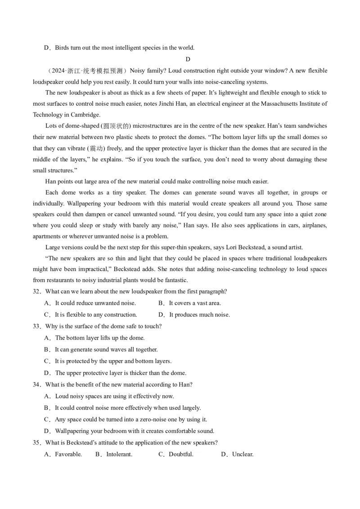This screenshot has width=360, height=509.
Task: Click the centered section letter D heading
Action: point(188,59)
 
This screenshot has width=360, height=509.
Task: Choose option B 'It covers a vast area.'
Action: point(195,303)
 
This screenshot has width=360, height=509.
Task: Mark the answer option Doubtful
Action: point(181,454)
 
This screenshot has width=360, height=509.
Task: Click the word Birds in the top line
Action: point(63,48)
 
